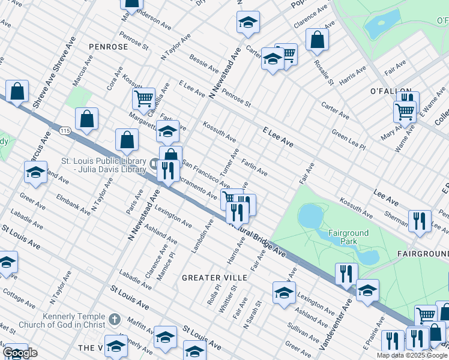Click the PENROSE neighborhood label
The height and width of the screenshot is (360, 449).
[108, 46]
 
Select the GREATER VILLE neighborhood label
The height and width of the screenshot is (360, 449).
[214, 278]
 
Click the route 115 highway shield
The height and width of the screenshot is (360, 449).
[65, 130]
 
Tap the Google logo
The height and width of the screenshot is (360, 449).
[20, 353]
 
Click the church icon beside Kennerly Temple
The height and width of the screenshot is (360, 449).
[115, 320]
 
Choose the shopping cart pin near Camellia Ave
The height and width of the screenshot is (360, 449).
[143, 98]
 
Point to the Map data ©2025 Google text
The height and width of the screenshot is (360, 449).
[412, 355]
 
